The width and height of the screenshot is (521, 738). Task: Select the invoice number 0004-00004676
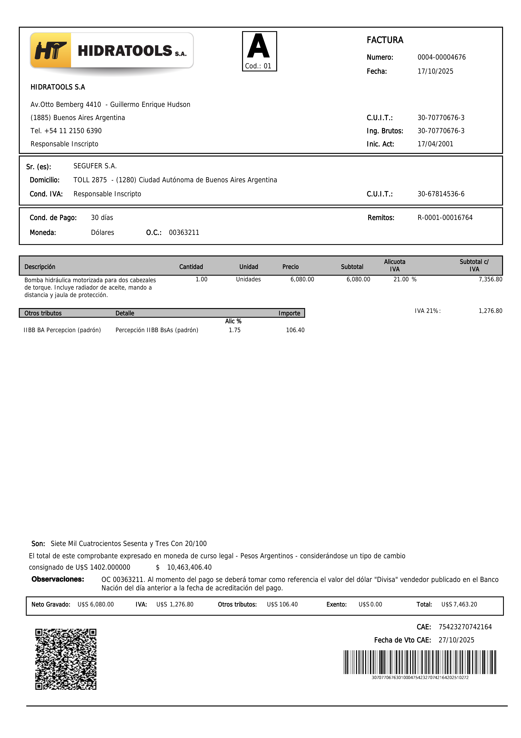click(x=441, y=57)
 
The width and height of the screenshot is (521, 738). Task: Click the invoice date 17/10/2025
click(x=435, y=71)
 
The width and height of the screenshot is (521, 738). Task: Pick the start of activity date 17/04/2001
click(x=435, y=144)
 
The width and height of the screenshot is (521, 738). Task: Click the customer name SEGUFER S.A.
click(x=95, y=166)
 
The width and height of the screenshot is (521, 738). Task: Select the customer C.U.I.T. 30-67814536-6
click(x=441, y=194)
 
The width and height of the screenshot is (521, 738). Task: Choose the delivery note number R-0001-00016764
click(x=445, y=218)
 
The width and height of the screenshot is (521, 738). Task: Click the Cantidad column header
click(x=191, y=267)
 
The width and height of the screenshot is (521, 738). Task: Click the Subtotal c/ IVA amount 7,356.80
click(x=490, y=279)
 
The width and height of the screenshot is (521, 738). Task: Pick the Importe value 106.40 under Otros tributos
click(x=295, y=330)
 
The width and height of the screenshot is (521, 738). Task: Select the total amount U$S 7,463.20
click(x=459, y=604)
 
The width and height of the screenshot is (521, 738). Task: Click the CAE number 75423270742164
click(x=465, y=627)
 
